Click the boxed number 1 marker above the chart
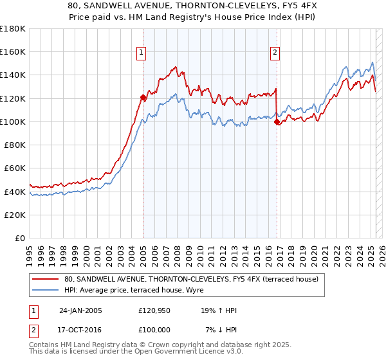tap(141, 53)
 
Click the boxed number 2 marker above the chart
tap(275, 53)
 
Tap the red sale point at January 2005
tap(143, 97)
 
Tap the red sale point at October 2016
tap(277, 122)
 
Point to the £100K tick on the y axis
tap(13, 122)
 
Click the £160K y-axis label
tap(13, 51)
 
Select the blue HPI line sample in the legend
tap(46, 291)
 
